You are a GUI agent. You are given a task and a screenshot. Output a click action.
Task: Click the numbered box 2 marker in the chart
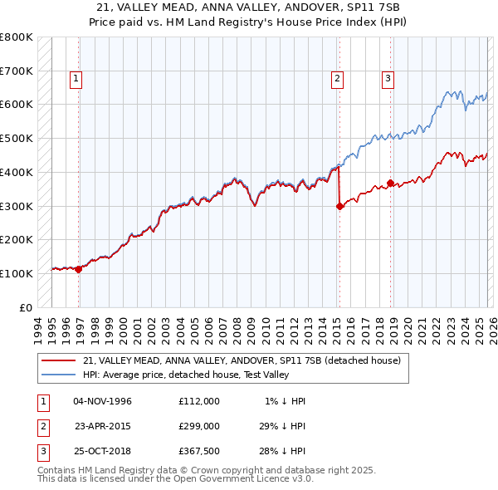click(x=338, y=79)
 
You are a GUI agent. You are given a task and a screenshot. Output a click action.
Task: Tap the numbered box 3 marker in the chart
click(x=388, y=79)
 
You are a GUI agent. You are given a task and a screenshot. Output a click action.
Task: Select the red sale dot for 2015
click(x=339, y=207)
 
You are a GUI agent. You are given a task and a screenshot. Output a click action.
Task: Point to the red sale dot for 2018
click(x=390, y=183)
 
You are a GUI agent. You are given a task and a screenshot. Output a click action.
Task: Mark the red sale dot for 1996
click(x=79, y=269)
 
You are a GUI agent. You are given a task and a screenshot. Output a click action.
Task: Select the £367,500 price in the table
click(x=198, y=453)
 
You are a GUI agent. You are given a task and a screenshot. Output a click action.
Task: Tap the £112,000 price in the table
click(x=198, y=401)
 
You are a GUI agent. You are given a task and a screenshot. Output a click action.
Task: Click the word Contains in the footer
click(x=59, y=470)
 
